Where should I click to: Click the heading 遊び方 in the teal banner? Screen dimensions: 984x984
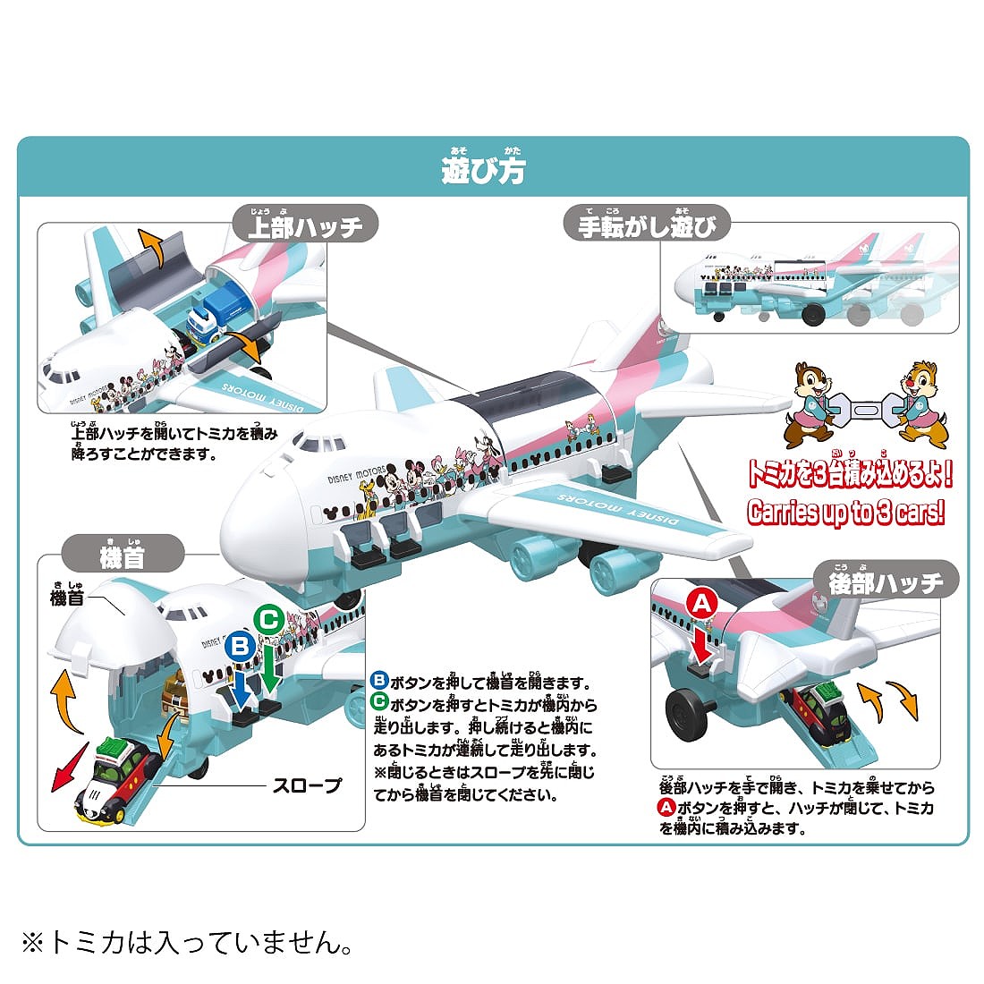(x=483, y=170)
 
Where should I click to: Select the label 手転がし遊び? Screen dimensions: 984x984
(x=647, y=225)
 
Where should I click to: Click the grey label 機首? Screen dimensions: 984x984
(x=122, y=556)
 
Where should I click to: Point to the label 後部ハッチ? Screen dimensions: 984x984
(x=886, y=582)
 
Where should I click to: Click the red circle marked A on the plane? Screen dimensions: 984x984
(x=702, y=605)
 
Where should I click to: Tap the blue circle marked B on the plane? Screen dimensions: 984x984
(x=239, y=645)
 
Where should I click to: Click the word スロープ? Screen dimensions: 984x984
(x=307, y=786)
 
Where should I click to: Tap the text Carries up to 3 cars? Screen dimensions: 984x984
(x=846, y=512)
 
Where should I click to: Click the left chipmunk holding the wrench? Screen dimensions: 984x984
(x=810, y=403)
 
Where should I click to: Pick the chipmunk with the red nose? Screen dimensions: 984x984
(x=919, y=403)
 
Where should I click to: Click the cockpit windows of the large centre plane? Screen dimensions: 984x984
(x=315, y=443)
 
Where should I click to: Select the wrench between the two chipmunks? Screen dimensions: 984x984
(x=864, y=411)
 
